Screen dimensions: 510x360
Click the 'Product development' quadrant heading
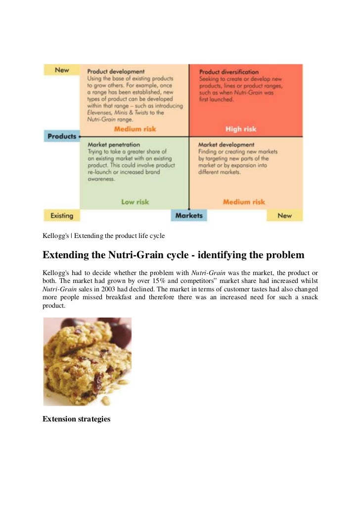click(116, 72)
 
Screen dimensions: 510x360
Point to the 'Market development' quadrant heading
click(226, 144)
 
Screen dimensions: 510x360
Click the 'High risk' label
click(241, 129)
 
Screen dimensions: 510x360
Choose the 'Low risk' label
click(135, 202)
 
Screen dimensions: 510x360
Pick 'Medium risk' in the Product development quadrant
click(135, 129)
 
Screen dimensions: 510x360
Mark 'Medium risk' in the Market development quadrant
click(244, 202)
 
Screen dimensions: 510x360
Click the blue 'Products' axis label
click(61, 136)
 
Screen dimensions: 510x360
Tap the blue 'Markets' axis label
click(189, 216)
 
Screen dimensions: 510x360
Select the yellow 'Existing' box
click(61, 216)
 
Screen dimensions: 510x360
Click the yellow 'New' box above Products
click(62, 70)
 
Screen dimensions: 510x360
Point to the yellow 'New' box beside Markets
click(284, 216)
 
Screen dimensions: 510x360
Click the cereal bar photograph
click(87, 362)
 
